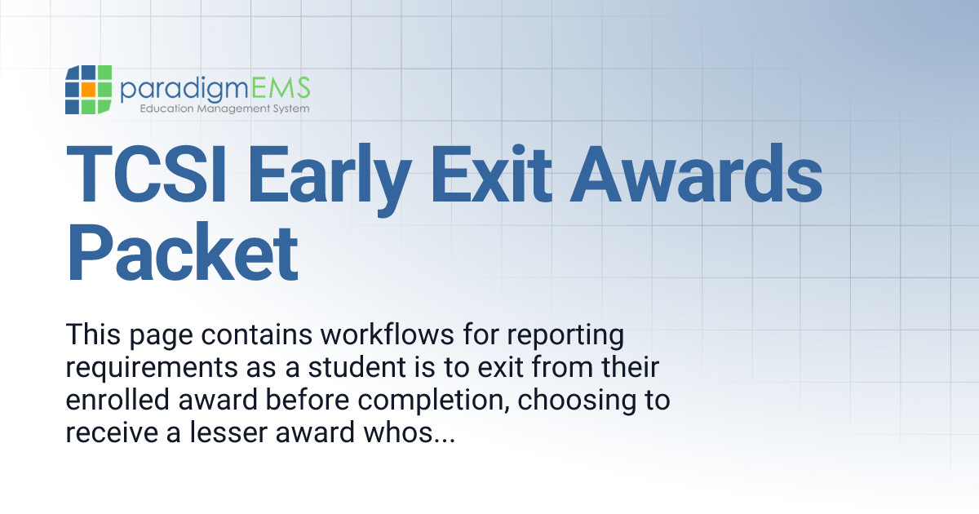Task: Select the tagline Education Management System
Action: [224, 108]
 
